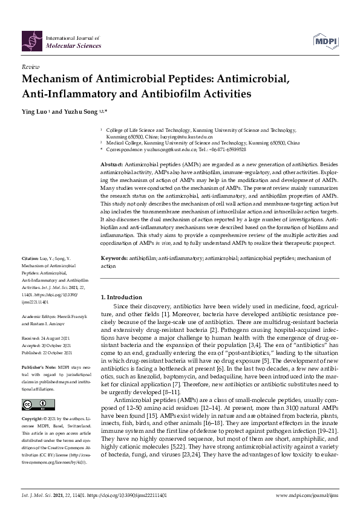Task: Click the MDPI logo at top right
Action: [325, 41]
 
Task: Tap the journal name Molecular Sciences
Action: [68, 45]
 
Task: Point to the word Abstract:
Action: [113, 164]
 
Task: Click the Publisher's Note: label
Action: [39, 368]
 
